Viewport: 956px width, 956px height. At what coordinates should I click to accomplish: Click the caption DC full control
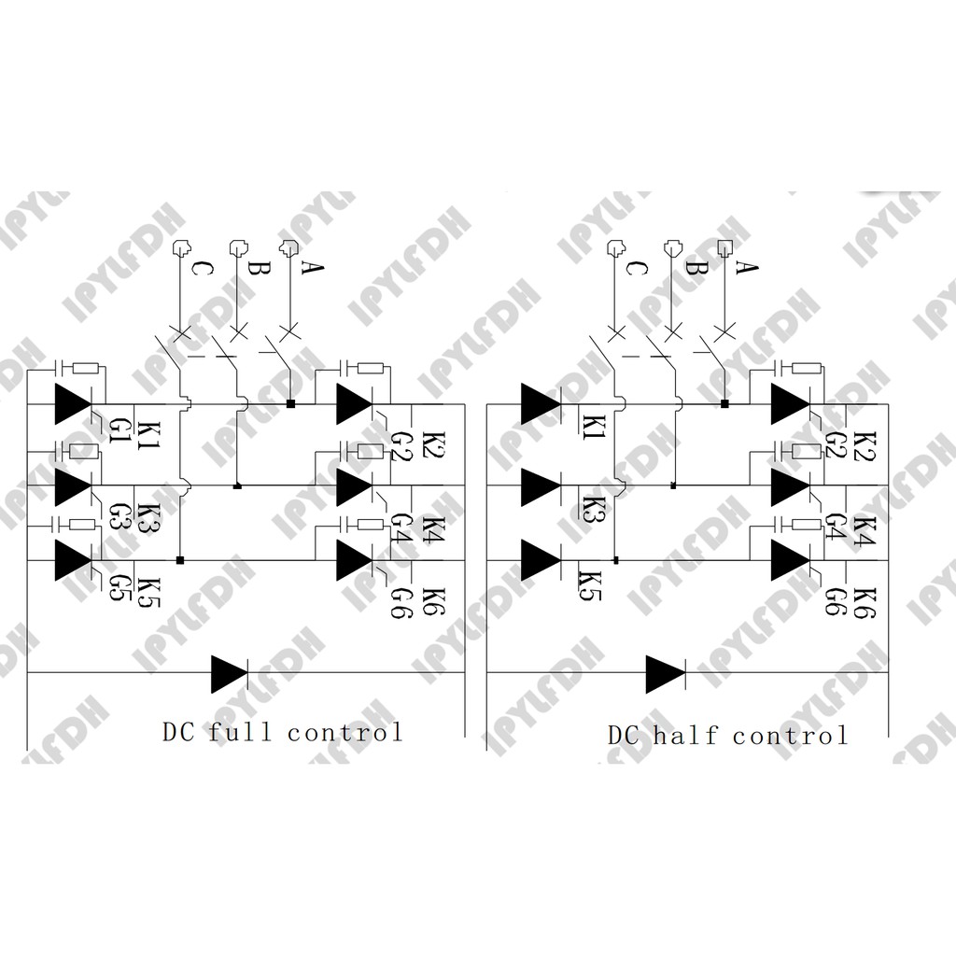click(x=283, y=732)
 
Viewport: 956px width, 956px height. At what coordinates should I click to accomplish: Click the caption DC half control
click(x=728, y=736)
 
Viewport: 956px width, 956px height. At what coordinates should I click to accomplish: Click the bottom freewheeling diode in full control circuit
click(x=230, y=673)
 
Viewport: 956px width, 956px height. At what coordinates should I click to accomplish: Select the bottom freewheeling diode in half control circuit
click(x=666, y=673)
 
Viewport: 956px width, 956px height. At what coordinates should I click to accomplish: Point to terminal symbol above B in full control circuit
click(x=240, y=249)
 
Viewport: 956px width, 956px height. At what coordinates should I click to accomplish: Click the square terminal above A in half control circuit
click(x=724, y=248)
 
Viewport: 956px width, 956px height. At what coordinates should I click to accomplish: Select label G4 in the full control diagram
click(x=399, y=522)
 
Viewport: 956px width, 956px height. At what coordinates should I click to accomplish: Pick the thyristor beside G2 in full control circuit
click(x=354, y=403)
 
